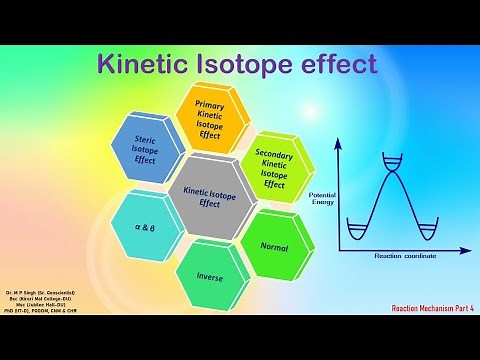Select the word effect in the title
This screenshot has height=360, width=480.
click(x=340, y=63)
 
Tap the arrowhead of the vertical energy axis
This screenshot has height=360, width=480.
click(x=338, y=143)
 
